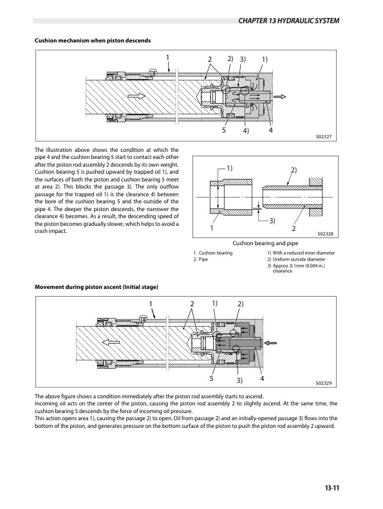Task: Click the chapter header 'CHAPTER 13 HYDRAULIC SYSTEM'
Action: point(288,21)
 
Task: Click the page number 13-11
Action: point(332,488)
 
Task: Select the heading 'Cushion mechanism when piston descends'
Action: point(93,41)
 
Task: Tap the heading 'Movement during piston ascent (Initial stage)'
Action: point(96,287)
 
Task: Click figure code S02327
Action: point(324,136)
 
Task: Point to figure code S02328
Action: point(326,234)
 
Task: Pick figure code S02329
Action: point(324,383)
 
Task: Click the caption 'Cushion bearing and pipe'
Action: point(265,243)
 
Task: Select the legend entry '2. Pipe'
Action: point(201,259)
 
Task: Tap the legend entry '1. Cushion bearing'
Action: point(213,253)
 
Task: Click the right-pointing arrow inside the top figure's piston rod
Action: point(136,96)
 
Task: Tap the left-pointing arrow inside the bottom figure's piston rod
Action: point(111,342)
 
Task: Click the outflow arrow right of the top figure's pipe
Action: point(280,97)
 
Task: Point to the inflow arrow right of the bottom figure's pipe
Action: point(270,342)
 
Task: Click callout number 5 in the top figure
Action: point(223,130)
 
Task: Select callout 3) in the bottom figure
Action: point(239,380)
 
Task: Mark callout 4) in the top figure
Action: point(246,131)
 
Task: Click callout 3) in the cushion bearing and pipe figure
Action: point(272,221)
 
